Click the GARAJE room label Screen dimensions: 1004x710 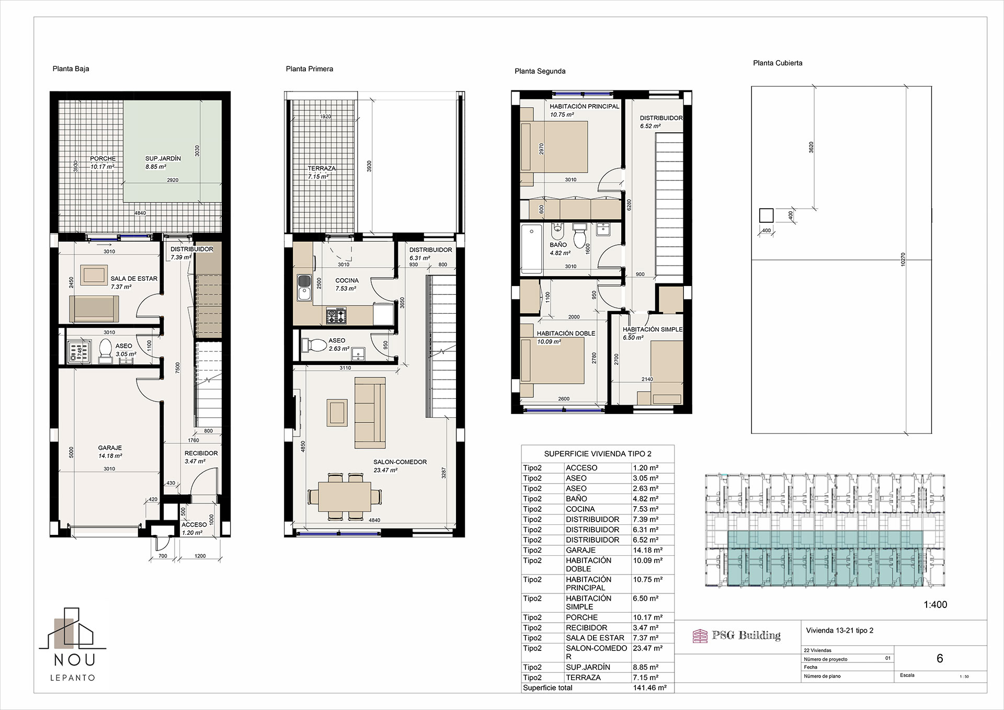click(x=110, y=448)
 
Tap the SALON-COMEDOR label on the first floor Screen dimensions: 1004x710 click(x=400, y=462)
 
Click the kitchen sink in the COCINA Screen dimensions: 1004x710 click(x=304, y=288)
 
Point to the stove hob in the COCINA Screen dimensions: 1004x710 click(x=336, y=315)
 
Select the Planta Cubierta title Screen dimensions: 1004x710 click(x=778, y=63)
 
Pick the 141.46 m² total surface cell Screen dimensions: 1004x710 click(x=649, y=688)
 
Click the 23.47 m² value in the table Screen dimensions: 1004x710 click(x=646, y=648)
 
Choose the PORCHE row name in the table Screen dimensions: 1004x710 click(x=581, y=617)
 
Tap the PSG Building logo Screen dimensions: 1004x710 click(x=736, y=635)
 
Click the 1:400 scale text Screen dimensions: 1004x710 click(x=935, y=605)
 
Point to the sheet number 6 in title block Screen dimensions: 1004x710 click(x=940, y=659)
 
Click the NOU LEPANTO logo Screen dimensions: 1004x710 click(x=73, y=644)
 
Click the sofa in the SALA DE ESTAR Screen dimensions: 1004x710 click(x=95, y=308)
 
